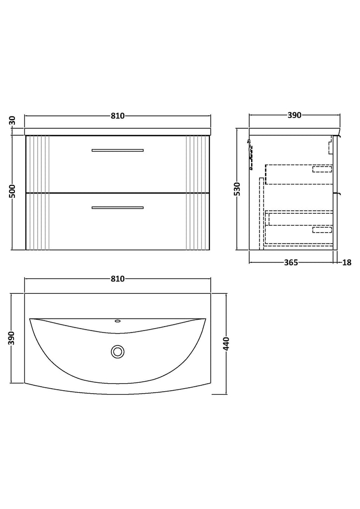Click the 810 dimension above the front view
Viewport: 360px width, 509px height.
pos(117,116)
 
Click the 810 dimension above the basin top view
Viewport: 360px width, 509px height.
pos(117,279)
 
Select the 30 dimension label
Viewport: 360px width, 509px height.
pos(12,121)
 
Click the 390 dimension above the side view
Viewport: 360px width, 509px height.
pos(294,115)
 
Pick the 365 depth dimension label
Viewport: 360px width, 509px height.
pos(291,262)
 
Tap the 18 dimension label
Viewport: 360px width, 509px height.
pos(347,262)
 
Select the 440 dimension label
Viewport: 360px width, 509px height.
pos(227,344)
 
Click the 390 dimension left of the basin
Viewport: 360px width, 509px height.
pos(12,338)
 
